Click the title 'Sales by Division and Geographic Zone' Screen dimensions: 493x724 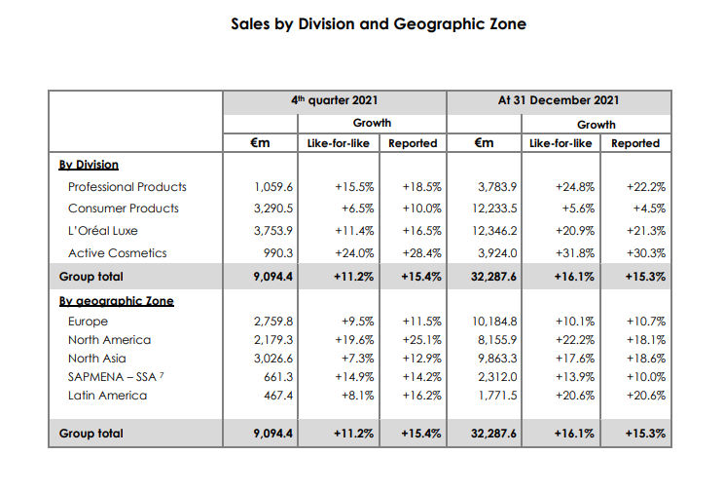(x=378, y=23)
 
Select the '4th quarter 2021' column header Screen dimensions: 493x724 (x=334, y=100)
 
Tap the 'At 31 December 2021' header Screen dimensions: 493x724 (x=558, y=100)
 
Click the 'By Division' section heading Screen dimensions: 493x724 (x=89, y=165)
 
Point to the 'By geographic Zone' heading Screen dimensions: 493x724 (x=116, y=301)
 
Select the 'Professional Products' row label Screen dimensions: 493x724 (x=127, y=186)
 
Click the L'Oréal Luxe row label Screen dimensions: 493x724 (x=102, y=231)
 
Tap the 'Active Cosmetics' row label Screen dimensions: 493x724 (x=117, y=252)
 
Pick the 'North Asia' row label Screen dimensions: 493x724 (x=97, y=359)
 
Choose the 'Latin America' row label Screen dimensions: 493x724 (x=107, y=396)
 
